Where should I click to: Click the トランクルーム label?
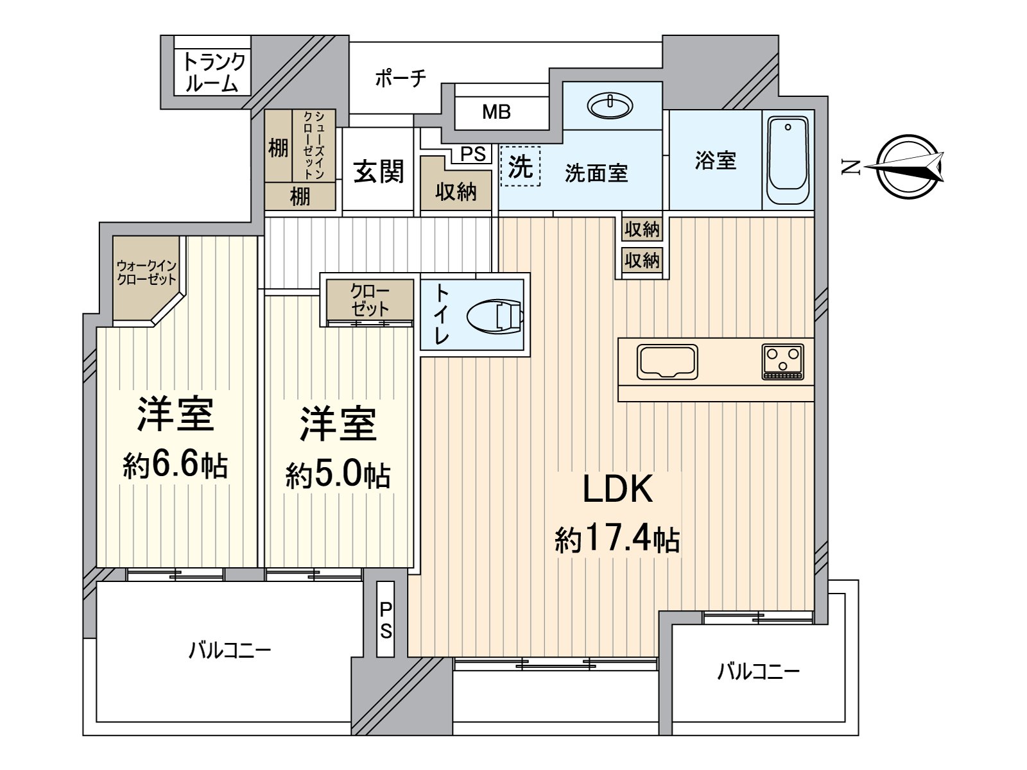214,73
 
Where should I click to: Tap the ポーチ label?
400,79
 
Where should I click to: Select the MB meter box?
496,112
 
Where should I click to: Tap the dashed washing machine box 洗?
521,166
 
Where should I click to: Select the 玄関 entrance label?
378,171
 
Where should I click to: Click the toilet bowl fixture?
494,316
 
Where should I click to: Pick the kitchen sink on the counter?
667,361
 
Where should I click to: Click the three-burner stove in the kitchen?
782,362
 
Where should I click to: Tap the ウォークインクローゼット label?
146,273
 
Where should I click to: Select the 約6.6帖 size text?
175,465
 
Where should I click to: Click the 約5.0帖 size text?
338,475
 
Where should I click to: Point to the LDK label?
617,490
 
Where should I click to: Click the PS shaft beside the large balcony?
385,619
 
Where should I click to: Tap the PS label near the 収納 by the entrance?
473,154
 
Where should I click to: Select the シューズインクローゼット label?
313,144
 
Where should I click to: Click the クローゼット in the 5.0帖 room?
370,300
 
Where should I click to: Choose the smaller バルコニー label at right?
758,672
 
